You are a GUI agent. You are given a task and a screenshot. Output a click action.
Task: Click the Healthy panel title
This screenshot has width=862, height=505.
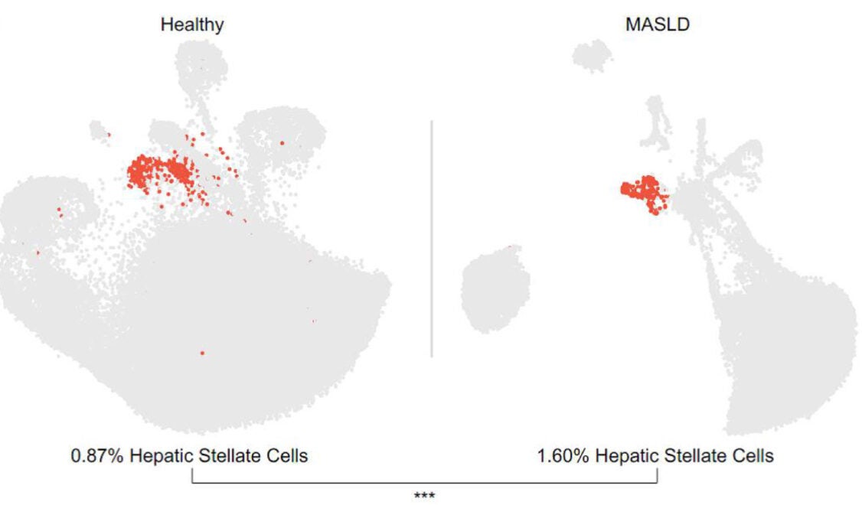coord(191,24)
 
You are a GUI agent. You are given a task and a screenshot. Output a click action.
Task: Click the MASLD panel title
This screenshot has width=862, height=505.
coord(657,24)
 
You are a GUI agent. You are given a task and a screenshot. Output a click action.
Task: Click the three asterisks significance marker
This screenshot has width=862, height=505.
coord(424,496)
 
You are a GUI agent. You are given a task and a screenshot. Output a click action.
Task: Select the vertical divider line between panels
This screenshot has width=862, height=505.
coord(432,237)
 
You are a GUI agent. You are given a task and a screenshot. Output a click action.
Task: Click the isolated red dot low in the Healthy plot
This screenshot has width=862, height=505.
coord(202,353)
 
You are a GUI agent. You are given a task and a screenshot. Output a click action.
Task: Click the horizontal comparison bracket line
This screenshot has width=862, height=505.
coord(424,482)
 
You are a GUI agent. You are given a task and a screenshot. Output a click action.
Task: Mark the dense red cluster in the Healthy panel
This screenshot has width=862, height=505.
coord(161,172)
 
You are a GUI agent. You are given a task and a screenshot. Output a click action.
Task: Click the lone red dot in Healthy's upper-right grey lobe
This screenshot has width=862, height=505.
coord(282,142)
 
